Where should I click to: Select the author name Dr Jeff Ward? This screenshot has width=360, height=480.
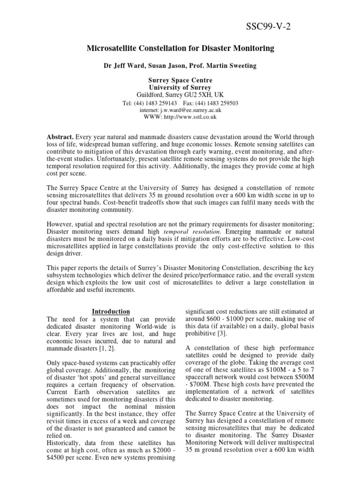(123, 66)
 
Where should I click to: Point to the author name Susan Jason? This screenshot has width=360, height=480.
(167, 66)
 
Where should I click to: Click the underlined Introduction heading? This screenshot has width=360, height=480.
(111, 311)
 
